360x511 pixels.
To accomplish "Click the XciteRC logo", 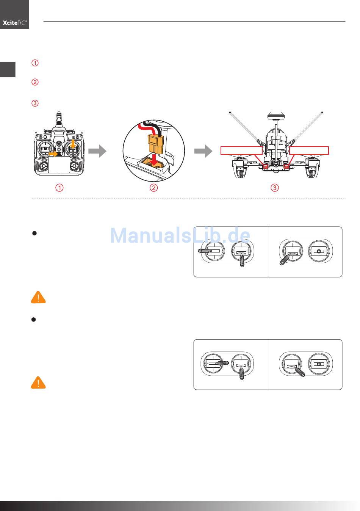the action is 14,23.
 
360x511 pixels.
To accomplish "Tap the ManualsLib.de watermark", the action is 180,236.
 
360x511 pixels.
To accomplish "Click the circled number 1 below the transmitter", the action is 59,188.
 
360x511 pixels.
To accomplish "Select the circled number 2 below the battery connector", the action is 153,188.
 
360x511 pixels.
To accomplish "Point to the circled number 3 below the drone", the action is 275,188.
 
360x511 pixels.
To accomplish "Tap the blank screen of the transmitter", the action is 59,165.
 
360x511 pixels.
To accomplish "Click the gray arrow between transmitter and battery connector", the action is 97,151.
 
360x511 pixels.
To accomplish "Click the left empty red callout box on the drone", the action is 241,150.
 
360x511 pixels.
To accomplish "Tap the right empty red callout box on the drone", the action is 308,150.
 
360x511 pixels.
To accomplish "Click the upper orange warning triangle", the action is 38,298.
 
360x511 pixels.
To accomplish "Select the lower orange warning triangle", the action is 38,383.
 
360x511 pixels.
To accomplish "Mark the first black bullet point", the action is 34,234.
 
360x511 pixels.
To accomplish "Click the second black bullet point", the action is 34,320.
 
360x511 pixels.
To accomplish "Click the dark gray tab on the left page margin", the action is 8,69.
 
